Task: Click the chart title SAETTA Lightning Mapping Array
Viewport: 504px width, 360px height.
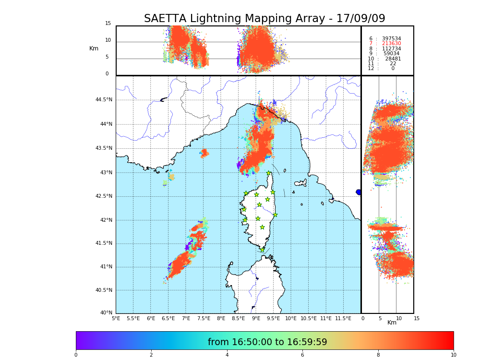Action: pos(264,19)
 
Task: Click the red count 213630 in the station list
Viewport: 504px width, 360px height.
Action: pos(391,44)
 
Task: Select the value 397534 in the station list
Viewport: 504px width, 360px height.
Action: pos(391,38)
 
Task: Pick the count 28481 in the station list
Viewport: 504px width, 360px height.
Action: pos(393,59)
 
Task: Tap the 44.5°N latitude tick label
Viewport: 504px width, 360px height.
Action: pos(104,100)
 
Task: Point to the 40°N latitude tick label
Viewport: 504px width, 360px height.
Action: pos(106,313)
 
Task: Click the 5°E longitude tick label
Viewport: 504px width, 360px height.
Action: pos(116,318)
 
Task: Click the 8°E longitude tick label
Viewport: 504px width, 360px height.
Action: pos(221,318)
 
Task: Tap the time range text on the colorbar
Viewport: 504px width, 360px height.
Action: pos(267,342)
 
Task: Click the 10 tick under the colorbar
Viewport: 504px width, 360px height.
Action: pos(453,355)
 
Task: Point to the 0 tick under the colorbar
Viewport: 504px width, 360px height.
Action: pos(76,355)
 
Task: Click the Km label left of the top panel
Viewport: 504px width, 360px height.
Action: pos(94,48)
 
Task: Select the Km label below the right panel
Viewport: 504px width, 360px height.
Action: pos(392,323)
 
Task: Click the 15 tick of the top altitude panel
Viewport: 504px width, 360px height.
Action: pos(108,24)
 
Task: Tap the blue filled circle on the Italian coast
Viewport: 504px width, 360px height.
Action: pos(359,192)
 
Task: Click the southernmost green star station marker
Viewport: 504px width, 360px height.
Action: pos(263,250)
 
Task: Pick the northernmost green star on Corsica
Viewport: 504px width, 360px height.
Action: pos(269,173)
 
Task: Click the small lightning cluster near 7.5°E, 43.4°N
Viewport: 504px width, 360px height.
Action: pos(204,153)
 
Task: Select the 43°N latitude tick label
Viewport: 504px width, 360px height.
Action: pos(106,173)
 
